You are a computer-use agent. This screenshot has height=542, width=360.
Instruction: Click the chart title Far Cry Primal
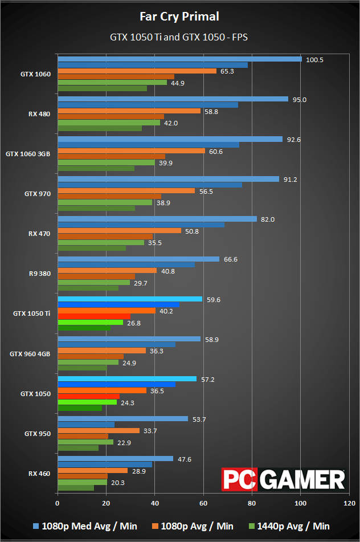179,16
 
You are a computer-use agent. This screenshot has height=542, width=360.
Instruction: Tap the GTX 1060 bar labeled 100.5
179,59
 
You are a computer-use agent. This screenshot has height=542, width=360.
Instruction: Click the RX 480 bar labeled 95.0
173,99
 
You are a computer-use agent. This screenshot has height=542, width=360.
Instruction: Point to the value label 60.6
215,151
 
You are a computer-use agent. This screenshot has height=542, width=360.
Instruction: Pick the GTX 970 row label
38,194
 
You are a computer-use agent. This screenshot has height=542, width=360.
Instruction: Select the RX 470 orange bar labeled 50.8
119,231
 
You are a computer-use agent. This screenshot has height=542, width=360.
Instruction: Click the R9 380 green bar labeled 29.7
93,282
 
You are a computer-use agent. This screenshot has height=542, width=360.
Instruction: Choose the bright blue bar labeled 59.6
129,299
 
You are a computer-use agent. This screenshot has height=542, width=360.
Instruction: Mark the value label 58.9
211,339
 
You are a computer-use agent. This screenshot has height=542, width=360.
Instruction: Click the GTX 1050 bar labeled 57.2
126,378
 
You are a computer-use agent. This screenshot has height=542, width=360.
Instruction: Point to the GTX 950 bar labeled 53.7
122,418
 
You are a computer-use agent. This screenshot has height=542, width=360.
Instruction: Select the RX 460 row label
39,473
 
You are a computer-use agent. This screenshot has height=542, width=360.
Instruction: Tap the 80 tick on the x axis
252,503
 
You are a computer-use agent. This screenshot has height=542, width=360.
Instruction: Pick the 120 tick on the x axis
349,503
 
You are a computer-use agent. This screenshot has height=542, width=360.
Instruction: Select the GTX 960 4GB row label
30,353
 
